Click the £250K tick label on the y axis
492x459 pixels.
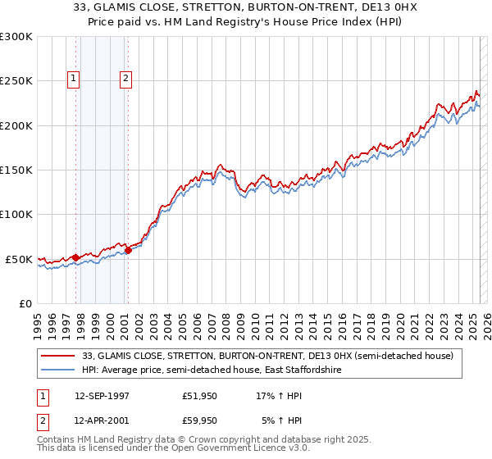point(16,81)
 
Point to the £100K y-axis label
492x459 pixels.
point(16,214)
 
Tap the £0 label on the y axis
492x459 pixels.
point(25,303)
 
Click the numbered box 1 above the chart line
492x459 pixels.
point(74,79)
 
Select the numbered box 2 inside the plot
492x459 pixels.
point(125,79)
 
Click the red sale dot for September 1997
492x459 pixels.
point(75,257)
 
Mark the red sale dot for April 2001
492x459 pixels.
point(128,250)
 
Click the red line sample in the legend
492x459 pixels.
point(59,356)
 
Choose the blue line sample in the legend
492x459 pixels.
point(59,370)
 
